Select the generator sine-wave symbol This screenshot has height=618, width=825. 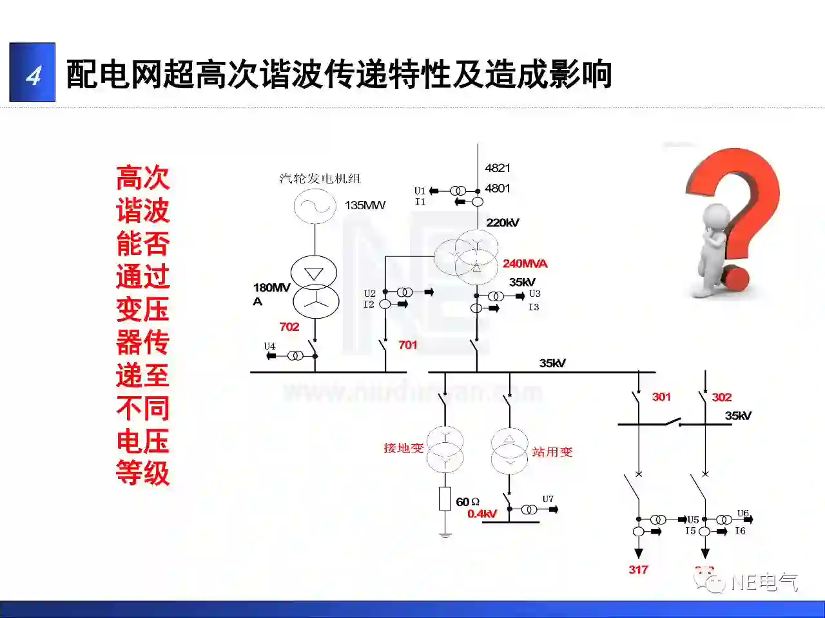pos(315,206)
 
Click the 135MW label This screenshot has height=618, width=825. pos(365,205)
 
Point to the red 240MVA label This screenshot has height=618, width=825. pos(525,263)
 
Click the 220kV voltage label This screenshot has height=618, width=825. pos(503,223)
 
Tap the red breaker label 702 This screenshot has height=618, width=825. pos(289,327)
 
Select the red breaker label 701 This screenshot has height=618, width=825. pos(408,345)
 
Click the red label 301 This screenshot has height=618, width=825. pos(661,397)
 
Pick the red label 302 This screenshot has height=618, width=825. pos(722,397)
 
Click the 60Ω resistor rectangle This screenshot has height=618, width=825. pos(445,499)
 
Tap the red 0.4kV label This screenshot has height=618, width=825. pos(482,514)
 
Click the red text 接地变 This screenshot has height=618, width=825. pos(403,448)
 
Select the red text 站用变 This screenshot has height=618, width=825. pos(552,452)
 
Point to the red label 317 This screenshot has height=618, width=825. pos(638,570)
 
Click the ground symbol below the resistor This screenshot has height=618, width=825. pos(445,533)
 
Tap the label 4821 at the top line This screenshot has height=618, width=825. pos(498,168)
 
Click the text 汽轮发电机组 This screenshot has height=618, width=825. pos(320,178)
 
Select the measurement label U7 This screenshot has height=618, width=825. pos(548,499)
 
